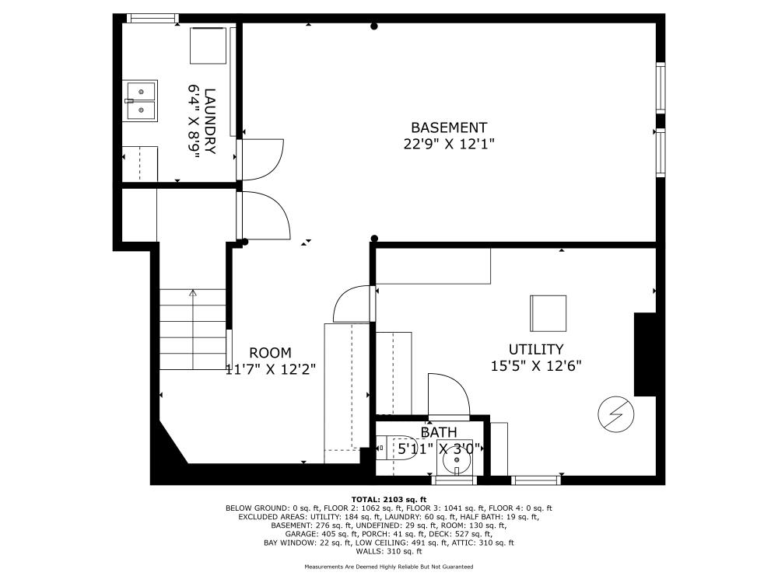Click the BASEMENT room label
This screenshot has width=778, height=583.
tap(449, 127)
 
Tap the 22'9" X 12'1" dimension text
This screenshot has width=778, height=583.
tap(449, 144)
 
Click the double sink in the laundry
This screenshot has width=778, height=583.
tap(141, 101)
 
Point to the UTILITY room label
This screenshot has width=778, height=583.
tap(536, 350)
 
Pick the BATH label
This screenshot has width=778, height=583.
tap(439, 432)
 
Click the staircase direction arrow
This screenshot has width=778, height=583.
tap(192, 294)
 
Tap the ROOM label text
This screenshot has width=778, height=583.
tap(270, 353)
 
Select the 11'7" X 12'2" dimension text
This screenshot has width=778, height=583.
tap(270, 369)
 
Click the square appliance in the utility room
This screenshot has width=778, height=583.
tap(549, 313)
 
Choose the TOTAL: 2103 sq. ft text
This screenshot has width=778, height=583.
tap(389, 499)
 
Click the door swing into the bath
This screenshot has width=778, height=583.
tap(449, 395)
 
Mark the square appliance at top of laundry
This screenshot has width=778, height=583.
tap(208, 45)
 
